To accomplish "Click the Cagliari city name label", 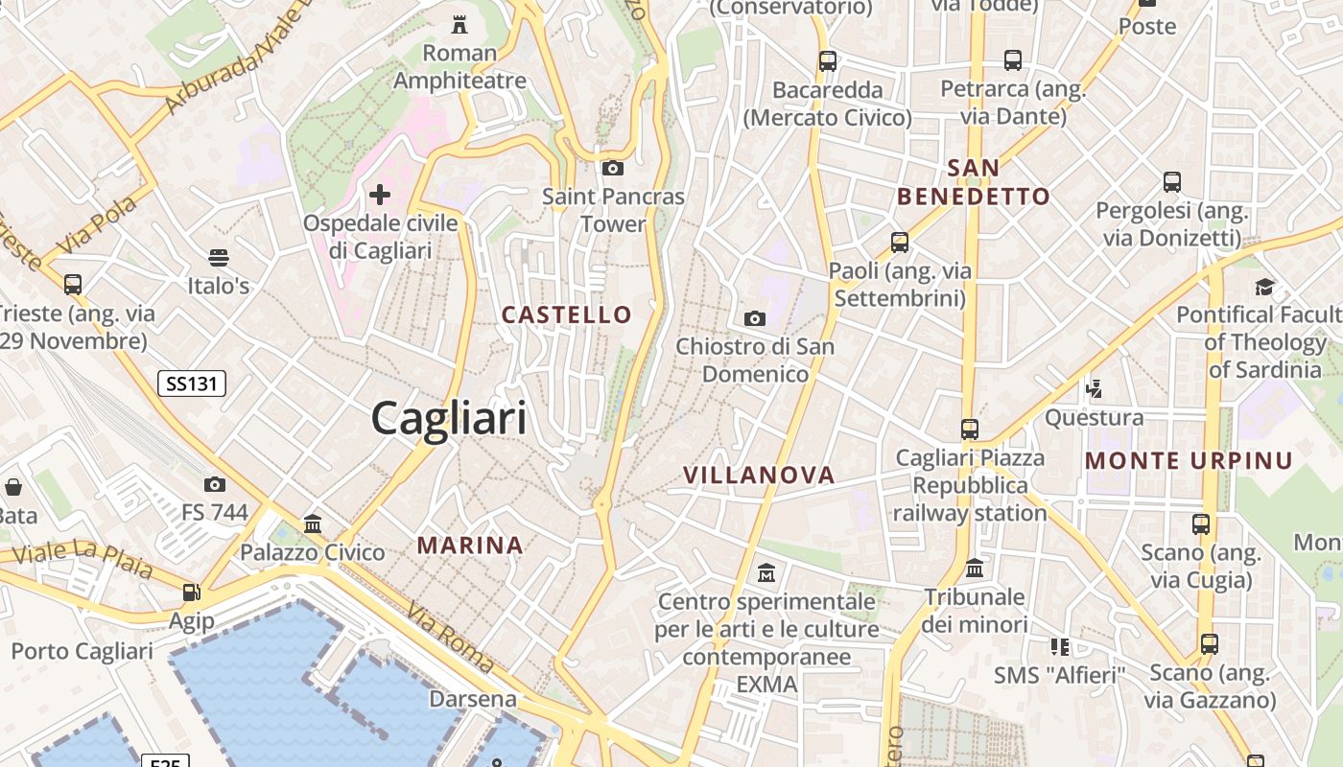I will tap(449, 419).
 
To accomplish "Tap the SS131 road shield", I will tap(191, 384).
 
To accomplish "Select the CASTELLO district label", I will tap(567, 314).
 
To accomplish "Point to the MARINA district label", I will tap(470, 546).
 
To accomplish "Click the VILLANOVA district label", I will tap(759, 475).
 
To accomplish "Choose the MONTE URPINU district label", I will tap(1190, 461).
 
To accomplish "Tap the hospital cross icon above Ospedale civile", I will tap(380, 196).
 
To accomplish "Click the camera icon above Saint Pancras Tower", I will tap(612, 169).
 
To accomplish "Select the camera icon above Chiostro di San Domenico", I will tap(755, 318).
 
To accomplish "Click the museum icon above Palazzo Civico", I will tap(313, 524).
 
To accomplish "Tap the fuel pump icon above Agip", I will tap(192, 593).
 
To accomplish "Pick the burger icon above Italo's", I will tap(219, 258).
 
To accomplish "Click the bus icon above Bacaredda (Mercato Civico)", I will tap(827, 61).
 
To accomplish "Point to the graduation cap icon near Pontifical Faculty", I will tap(1264, 287).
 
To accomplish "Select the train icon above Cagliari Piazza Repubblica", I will tap(970, 430).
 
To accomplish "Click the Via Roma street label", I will tap(450, 637).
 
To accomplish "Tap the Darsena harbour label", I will tap(473, 698).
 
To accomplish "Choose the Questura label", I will tap(1094, 417).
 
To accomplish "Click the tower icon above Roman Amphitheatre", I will tap(459, 24).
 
